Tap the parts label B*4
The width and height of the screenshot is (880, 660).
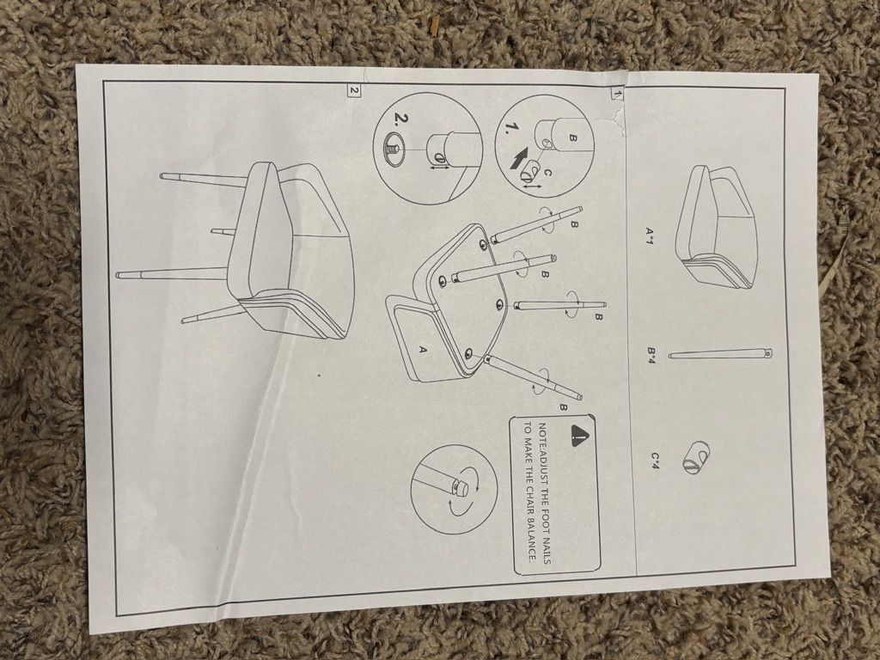pyautogui.click(x=651, y=354)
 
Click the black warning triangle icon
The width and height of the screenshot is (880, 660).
pyautogui.click(x=580, y=434)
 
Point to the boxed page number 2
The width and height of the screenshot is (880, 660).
pyautogui.click(x=353, y=89)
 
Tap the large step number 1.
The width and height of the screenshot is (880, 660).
pyautogui.click(x=512, y=128)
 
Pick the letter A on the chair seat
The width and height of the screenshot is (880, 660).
pyautogui.click(x=424, y=349)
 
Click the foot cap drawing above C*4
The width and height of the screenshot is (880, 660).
pyautogui.click(x=696, y=457)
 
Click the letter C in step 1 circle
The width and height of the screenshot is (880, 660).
pyautogui.click(x=548, y=174)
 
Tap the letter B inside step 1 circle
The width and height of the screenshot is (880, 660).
pyautogui.click(x=572, y=137)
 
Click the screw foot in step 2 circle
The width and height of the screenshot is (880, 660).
pyautogui.click(x=391, y=150)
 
